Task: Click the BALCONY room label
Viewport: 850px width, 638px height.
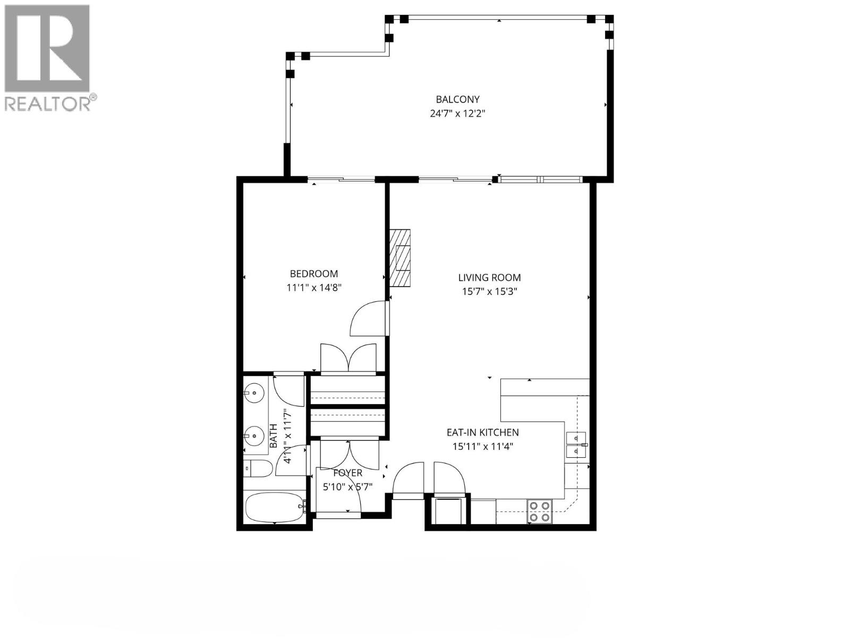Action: click(457, 99)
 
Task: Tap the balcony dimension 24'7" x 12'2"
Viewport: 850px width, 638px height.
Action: click(457, 113)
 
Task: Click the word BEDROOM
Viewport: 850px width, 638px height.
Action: click(313, 274)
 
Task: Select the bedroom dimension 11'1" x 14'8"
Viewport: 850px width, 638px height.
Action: click(313, 288)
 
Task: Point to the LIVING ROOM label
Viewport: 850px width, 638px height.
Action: click(489, 278)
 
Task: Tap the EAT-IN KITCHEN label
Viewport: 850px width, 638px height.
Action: click(482, 433)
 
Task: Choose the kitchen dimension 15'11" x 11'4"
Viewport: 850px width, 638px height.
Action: click(482, 447)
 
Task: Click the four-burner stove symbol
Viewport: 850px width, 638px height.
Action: click(539, 511)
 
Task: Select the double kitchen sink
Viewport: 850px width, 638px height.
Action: click(576, 444)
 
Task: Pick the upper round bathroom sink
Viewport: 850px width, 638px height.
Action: click(254, 394)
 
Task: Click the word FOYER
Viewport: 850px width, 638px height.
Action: click(348, 473)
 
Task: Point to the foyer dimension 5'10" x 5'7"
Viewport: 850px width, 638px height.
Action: click(348, 486)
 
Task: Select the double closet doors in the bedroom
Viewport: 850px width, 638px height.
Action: click(348, 357)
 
